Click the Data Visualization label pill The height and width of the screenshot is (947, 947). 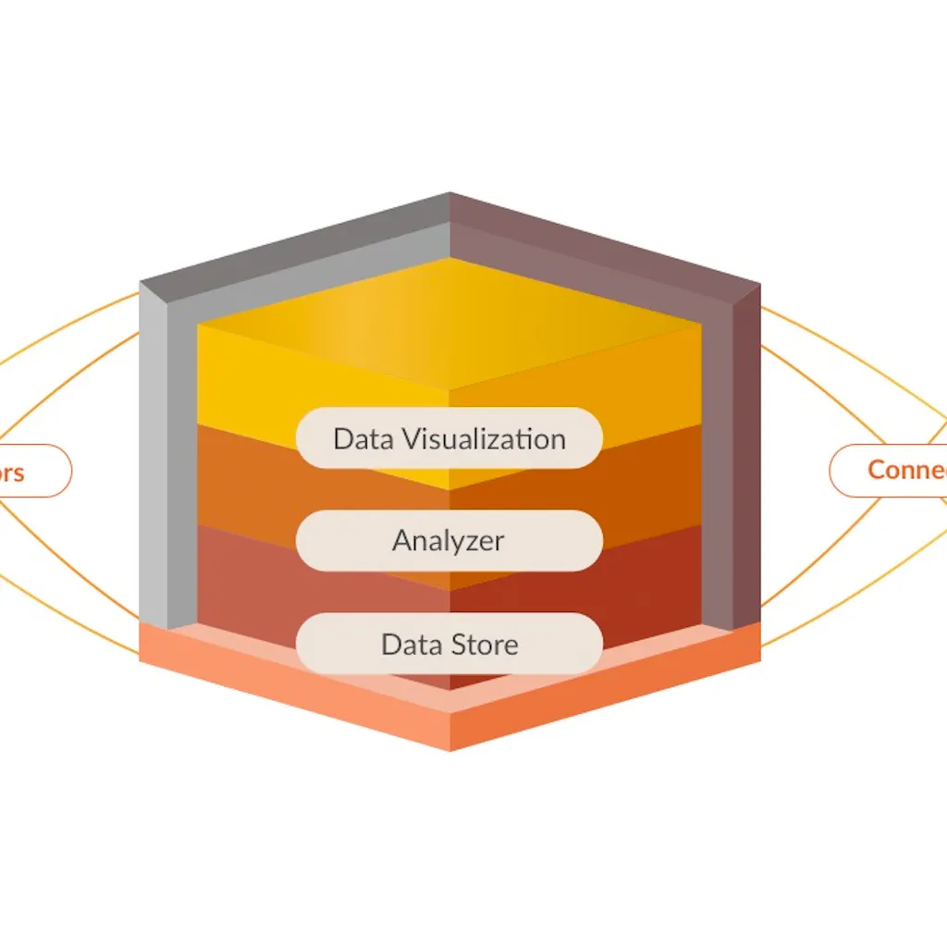[449, 438]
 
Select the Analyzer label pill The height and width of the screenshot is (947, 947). [449, 540]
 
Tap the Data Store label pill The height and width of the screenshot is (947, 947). [449, 644]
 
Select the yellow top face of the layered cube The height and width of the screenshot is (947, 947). [449, 319]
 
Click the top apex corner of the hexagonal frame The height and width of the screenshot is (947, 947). [450, 195]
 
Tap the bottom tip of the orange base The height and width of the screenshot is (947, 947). [450, 748]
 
